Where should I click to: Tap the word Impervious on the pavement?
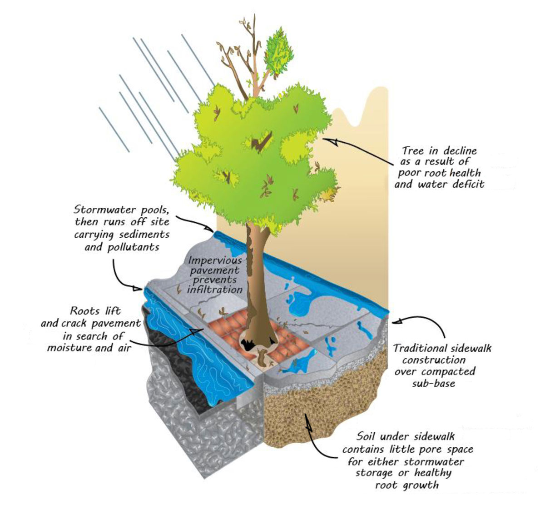click(x=215, y=260)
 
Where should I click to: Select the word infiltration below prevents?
click(x=215, y=289)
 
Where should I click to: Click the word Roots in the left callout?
click(x=82, y=311)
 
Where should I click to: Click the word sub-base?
click(x=434, y=383)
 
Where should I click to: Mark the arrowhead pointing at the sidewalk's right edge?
click(x=397, y=321)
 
